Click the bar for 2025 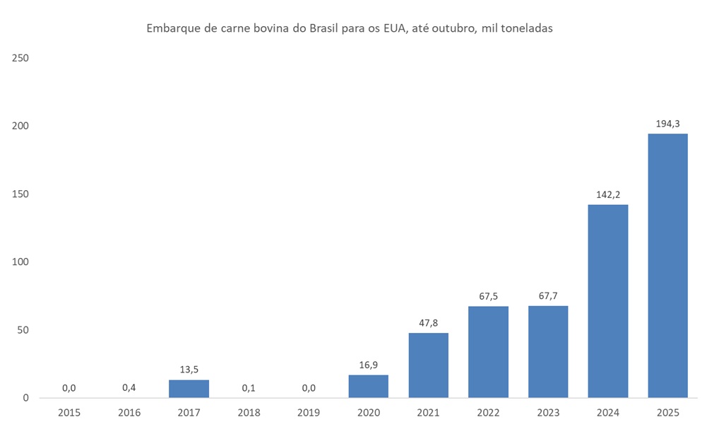click(667, 265)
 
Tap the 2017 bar click(189, 389)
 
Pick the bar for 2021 click(428, 365)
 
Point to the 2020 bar click(368, 386)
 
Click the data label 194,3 click(667, 124)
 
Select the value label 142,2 click(607, 194)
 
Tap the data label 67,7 click(548, 295)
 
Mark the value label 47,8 click(428, 322)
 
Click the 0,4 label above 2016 click(129, 387)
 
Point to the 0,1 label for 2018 click(249, 387)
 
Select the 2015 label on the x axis click(69, 413)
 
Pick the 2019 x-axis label click(309, 413)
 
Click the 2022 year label click(488, 413)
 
